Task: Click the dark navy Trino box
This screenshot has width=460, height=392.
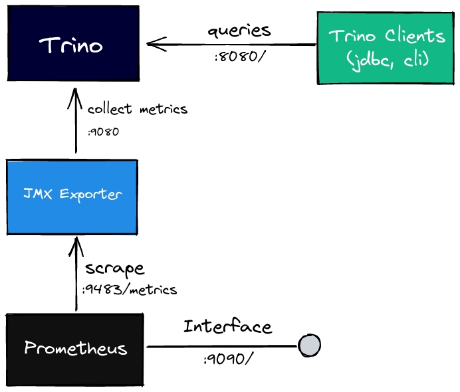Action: pos(72,46)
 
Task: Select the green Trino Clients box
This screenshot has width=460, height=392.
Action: pos(387,48)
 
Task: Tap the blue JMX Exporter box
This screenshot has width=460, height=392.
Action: pos(72,196)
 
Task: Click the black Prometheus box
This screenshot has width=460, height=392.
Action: pos(74,349)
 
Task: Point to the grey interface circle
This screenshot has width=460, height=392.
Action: pos(309,345)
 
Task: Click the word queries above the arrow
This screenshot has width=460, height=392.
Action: pos(239,31)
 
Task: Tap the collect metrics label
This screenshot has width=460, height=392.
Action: pos(138,109)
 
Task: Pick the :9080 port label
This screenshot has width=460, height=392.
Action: pos(103,132)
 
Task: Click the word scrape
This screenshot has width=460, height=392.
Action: pos(114,269)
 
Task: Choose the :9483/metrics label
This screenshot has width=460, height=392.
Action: pos(130,290)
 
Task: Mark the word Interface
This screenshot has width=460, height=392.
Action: pos(227,326)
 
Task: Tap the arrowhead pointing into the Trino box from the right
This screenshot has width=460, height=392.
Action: pos(154,45)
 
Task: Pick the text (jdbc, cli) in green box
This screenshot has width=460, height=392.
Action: pos(388,60)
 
